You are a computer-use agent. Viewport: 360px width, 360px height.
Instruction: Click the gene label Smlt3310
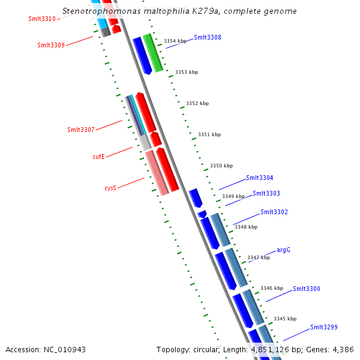pos(42,19)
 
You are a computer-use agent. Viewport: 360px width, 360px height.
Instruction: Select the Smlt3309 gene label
pos(51,45)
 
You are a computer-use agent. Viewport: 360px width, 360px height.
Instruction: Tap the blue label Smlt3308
pos(207,37)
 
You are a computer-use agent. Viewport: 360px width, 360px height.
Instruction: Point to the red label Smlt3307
pos(81,130)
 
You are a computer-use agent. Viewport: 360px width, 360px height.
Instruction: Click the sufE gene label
pos(98,157)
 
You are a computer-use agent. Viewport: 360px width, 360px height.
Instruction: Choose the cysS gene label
pos(110,188)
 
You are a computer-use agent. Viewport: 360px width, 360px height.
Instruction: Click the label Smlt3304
pos(259,178)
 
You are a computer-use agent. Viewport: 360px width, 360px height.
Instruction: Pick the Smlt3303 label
pos(266,193)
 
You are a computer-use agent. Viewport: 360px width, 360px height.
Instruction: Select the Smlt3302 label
pos(274,212)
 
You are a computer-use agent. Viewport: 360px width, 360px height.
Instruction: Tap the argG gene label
pos(283,250)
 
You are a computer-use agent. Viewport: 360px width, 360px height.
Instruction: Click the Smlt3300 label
pos(306,289)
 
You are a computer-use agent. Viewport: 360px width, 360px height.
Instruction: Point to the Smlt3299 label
pos(323,327)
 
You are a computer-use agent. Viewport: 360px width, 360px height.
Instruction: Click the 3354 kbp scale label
pos(175,41)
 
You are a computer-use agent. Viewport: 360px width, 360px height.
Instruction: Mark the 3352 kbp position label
pos(197,103)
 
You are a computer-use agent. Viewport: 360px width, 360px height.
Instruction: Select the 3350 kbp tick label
pos(221,166)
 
